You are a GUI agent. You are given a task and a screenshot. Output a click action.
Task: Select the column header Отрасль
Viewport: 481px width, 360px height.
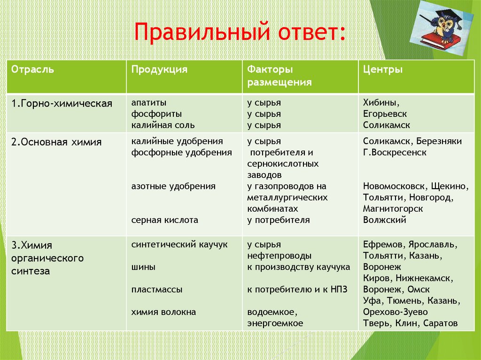32,69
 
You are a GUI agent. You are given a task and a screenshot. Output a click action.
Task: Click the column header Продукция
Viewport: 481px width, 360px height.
159,69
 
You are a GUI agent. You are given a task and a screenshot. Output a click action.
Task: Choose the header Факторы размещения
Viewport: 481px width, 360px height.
279,76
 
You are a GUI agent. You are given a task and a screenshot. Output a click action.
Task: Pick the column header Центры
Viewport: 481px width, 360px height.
382,69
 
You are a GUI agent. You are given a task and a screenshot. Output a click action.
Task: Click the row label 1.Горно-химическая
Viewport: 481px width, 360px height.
62,103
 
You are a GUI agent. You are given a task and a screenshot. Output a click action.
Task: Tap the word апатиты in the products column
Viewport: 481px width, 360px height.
148,102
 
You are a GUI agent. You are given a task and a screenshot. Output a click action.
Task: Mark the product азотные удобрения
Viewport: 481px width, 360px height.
173,186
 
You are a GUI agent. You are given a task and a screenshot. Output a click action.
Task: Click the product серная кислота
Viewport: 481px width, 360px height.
164,220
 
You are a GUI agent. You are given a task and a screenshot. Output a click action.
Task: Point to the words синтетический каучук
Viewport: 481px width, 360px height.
179,245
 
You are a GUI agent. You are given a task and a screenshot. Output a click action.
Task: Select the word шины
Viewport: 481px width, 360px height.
143,267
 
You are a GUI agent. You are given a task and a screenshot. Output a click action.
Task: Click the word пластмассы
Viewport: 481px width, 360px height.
157,290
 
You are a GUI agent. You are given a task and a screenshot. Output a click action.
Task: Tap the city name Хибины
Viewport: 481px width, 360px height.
381,102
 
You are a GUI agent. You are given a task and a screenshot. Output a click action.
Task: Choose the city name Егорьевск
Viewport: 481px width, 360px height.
385,114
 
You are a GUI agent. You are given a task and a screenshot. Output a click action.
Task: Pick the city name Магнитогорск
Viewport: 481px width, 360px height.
393,208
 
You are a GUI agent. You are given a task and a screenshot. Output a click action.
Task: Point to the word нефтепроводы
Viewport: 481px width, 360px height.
279,256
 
